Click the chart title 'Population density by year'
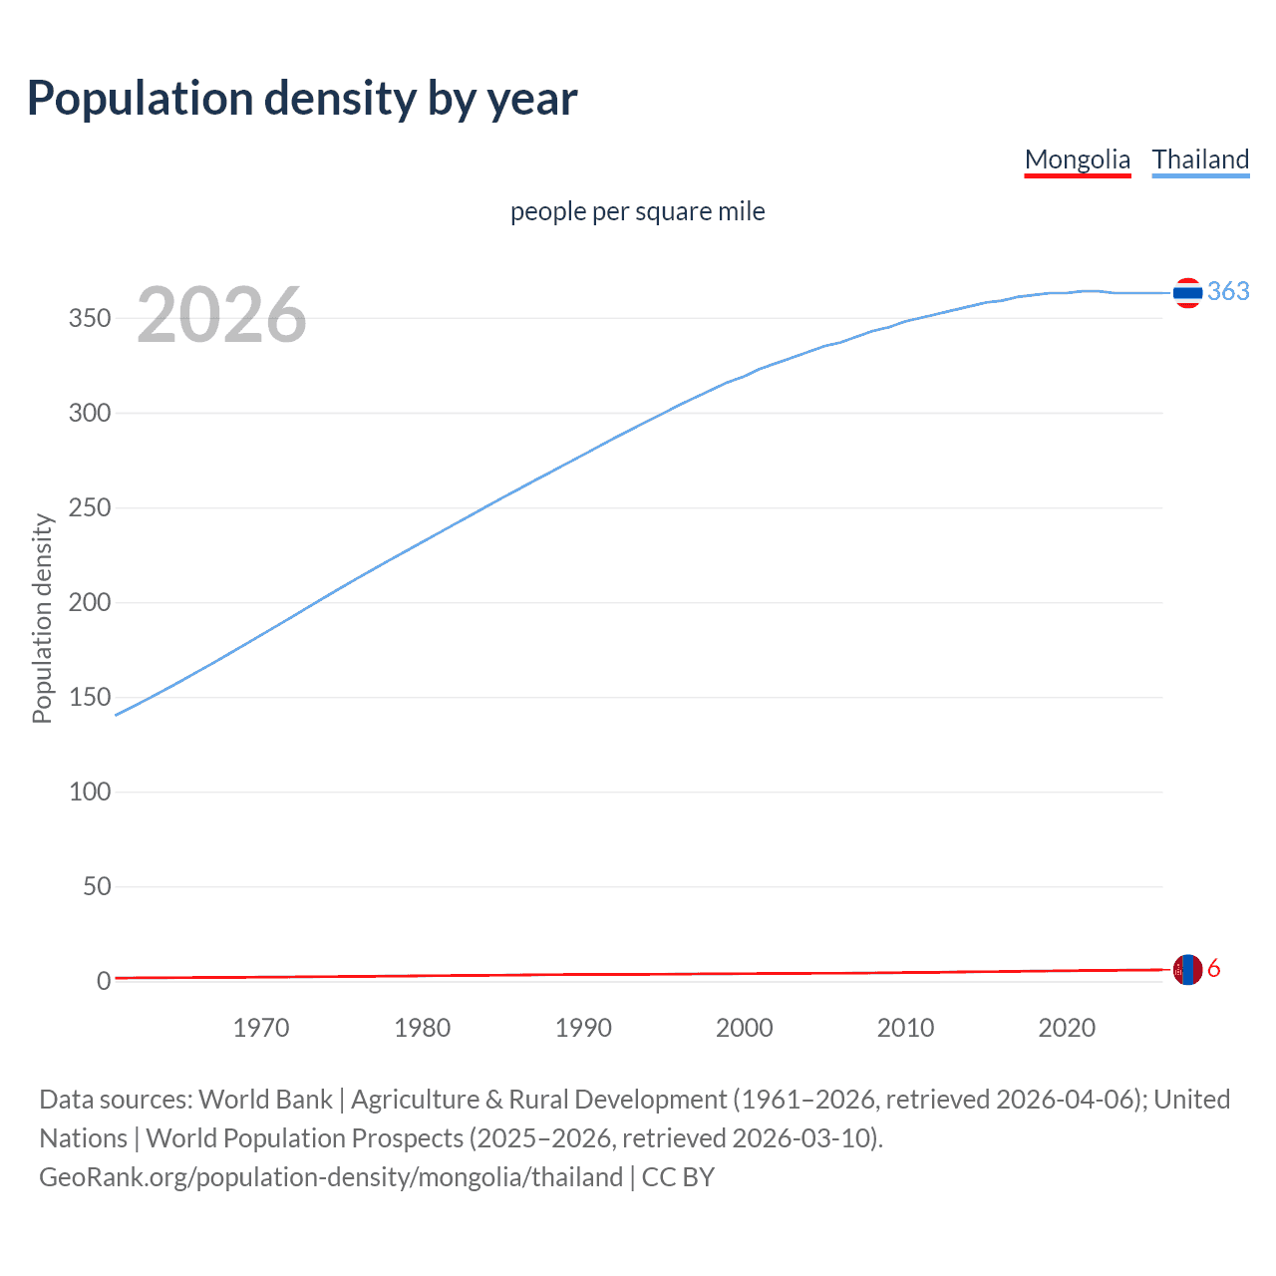(x=302, y=99)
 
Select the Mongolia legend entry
(x=1077, y=159)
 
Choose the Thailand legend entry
(x=1200, y=159)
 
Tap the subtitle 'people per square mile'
(x=637, y=211)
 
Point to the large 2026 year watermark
(x=221, y=315)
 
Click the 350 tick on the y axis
(x=90, y=318)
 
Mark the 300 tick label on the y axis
(x=90, y=413)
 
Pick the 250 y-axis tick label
(x=90, y=507)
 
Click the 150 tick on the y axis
(x=90, y=697)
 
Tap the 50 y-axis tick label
(x=97, y=886)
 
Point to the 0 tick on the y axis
(x=104, y=981)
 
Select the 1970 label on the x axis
(x=261, y=1028)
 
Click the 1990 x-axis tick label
(x=583, y=1028)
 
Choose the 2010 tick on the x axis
(x=905, y=1028)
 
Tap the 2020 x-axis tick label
(x=1067, y=1028)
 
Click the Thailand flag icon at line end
(x=1187, y=292)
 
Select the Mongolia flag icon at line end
(x=1187, y=969)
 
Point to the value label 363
(x=1228, y=291)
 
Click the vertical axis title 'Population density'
(x=42, y=618)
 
